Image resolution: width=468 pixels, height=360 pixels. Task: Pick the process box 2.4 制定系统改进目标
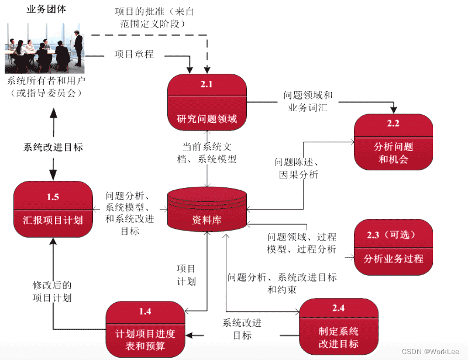pyautogui.click(x=338, y=326)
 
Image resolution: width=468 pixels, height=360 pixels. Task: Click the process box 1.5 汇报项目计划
pyautogui.click(x=53, y=210)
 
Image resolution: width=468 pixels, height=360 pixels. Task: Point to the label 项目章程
pyautogui.click(x=134, y=54)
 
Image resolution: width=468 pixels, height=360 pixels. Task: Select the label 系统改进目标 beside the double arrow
pyautogui.click(x=53, y=148)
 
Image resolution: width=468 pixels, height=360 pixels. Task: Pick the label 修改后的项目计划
pyautogui.click(x=52, y=292)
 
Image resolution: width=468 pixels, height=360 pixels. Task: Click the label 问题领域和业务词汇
pyautogui.click(x=308, y=101)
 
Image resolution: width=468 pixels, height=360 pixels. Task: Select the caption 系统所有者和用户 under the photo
pyautogui.click(x=46, y=87)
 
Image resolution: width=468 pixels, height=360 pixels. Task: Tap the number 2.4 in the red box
pyautogui.click(x=338, y=308)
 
